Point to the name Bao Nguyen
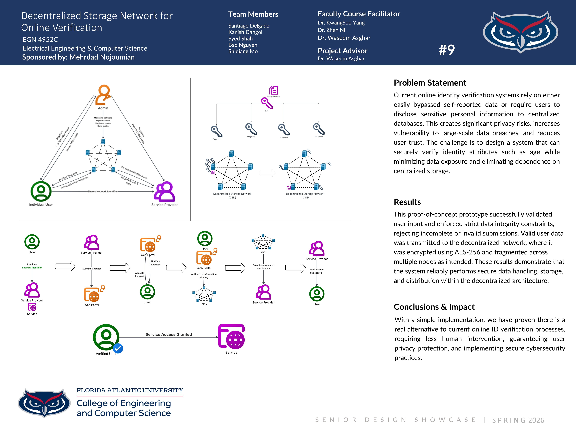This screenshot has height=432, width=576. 243,45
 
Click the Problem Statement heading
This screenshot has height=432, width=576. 430,83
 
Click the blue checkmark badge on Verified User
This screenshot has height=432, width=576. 118,348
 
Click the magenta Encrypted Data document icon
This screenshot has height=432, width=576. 274,90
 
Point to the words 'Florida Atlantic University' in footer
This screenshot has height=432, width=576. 130,390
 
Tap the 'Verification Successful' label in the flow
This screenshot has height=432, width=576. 317,271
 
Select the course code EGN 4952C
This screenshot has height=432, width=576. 40,40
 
